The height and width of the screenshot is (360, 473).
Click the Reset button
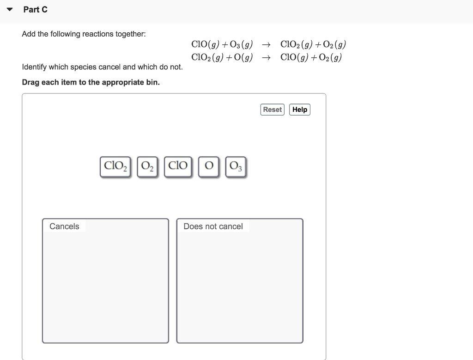pos(273,110)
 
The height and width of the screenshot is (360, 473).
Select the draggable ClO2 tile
pos(115,166)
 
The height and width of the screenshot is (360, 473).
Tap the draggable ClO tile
pos(178,166)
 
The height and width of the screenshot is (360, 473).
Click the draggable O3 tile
pos(236,166)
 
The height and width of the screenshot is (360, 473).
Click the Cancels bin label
pos(64,226)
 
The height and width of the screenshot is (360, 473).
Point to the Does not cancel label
pos(213,226)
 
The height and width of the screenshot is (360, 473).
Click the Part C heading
pos(36,10)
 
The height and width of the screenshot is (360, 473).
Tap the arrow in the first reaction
pos(266,45)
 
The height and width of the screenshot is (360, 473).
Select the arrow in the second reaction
pos(266,58)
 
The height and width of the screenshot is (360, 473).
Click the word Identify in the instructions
pos(36,67)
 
